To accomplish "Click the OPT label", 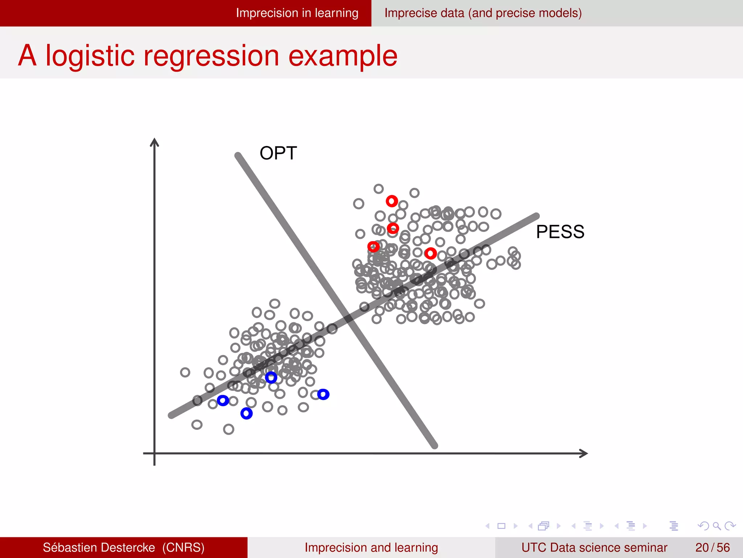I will (278, 153).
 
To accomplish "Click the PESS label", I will (560, 232).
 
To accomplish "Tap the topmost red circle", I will (392, 201).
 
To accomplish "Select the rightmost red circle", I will (431, 253).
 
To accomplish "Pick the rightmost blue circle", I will (323, 394).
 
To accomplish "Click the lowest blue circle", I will (246, 413).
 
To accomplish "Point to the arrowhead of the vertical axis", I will (155, 141).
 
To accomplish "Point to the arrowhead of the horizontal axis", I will (584, 453).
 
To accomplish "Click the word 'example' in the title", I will (342, 56).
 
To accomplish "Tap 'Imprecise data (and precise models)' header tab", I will (483, 13).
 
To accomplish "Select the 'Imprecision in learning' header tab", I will (297, 13).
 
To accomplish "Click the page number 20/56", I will (712, 547).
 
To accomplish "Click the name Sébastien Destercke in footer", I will (99, 547).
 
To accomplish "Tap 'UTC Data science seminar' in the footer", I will (594, 547).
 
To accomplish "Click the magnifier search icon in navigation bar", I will (717, 526).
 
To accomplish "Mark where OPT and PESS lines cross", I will (349, 319).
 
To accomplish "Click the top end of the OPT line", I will (238, 156).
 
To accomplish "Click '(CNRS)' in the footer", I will (183, 547).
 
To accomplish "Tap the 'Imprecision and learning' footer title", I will (371, 547).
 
